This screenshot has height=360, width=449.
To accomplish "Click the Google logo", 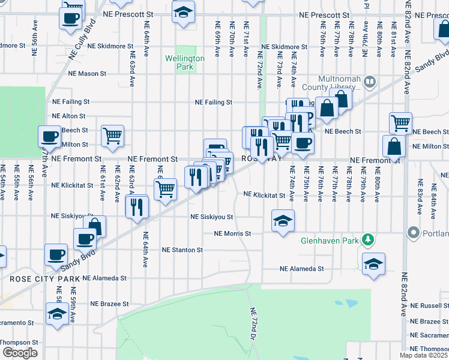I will pos(20,352).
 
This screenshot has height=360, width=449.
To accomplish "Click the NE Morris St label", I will pos(232,233).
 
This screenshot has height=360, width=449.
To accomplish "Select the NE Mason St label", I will pos(87,74).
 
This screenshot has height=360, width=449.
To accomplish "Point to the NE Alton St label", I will pos(68,116).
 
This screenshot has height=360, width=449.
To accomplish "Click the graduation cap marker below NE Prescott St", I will pos(183,11).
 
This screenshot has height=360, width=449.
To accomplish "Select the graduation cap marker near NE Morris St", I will pos(282,221).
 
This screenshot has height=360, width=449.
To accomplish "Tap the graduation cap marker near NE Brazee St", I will pos(58,314).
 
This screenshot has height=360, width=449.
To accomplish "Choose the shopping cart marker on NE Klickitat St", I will pos(164,188).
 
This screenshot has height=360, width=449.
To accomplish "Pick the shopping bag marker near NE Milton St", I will pos(394,146).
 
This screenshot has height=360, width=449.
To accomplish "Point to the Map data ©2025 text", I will pos(424,355).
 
